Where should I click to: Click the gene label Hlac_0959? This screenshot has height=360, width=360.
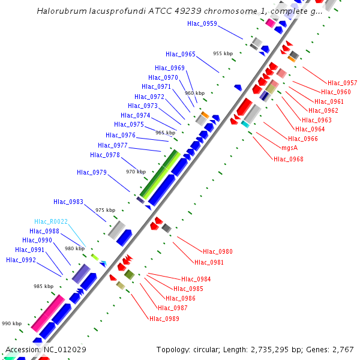click(202, 24)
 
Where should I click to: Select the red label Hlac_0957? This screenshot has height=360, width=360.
click(342, 83)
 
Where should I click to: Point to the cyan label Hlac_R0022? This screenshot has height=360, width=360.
click(51, 221)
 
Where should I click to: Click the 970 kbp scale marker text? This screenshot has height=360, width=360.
click(135, 172)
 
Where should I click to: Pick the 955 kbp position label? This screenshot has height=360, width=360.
click(223, 53)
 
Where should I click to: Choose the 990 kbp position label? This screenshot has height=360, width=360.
click(11, 323)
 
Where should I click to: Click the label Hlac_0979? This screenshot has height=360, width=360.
click(92, 173)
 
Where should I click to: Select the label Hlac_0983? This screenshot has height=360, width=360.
click(68, 202)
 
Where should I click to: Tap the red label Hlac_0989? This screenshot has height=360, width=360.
click(164, 319)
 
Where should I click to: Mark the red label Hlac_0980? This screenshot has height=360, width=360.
click(218, 252)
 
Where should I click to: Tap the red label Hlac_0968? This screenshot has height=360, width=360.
click(289, 159)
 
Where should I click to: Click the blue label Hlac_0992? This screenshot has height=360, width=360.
click(21, 260)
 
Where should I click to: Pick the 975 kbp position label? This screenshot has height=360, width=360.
click(105, 210)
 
